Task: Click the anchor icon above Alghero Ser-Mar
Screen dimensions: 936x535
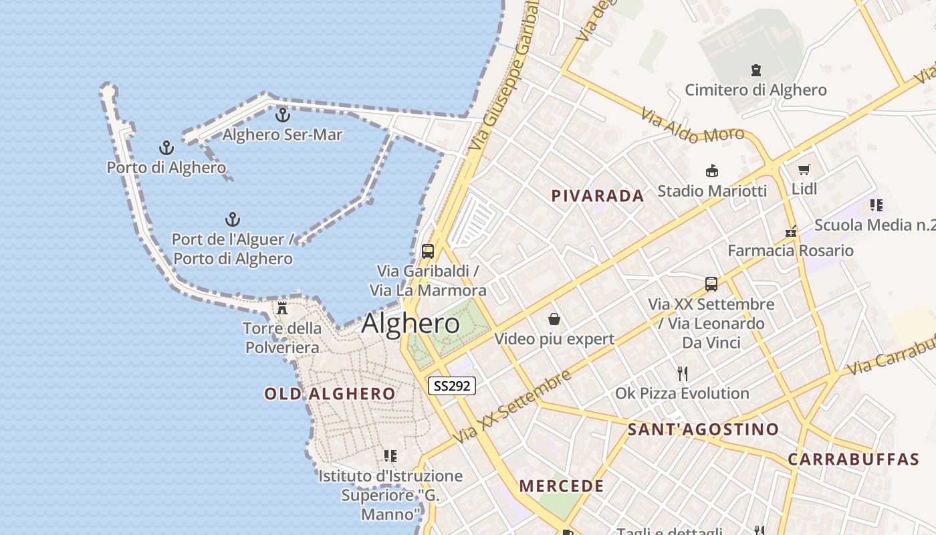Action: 283,115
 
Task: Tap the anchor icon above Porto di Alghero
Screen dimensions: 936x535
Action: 166,148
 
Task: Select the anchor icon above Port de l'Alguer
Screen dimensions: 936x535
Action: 232,219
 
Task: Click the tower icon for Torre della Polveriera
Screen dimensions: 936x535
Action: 282,308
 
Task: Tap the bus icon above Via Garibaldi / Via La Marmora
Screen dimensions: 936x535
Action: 428,251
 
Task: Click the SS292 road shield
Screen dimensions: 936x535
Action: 451,386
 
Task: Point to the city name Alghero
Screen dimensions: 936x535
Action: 411,324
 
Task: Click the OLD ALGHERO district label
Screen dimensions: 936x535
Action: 330,394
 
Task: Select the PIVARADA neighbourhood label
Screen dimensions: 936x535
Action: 598,196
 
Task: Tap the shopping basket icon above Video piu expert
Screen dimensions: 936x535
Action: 554,319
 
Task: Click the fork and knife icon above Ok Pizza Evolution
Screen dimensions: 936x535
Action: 682,373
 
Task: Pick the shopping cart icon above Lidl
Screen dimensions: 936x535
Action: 804,170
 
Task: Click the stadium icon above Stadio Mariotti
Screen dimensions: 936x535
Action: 712,171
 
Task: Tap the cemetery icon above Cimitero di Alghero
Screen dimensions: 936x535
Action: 756,70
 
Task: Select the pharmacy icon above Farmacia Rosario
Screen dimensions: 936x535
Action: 792,232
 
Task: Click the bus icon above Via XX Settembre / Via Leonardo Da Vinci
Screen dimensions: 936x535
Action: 711,284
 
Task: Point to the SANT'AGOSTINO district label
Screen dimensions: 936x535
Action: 703,429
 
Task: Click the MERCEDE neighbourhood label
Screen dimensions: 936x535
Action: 562,486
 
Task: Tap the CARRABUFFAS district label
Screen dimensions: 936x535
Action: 853,459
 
